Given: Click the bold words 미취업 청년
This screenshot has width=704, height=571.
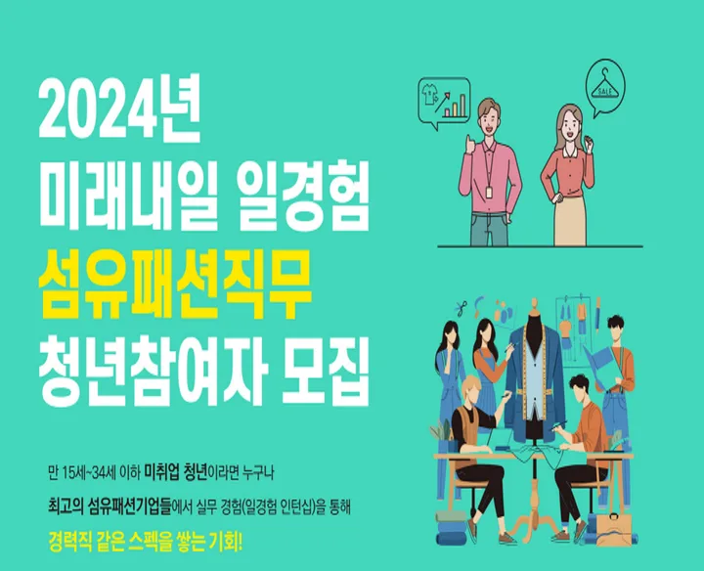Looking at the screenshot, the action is coord(176,473).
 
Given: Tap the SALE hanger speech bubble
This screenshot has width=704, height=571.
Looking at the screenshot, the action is coord(605,89).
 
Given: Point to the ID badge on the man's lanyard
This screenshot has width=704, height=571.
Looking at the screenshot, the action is coord(490,192).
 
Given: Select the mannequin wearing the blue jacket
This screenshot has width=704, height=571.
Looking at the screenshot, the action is coord(534,373).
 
